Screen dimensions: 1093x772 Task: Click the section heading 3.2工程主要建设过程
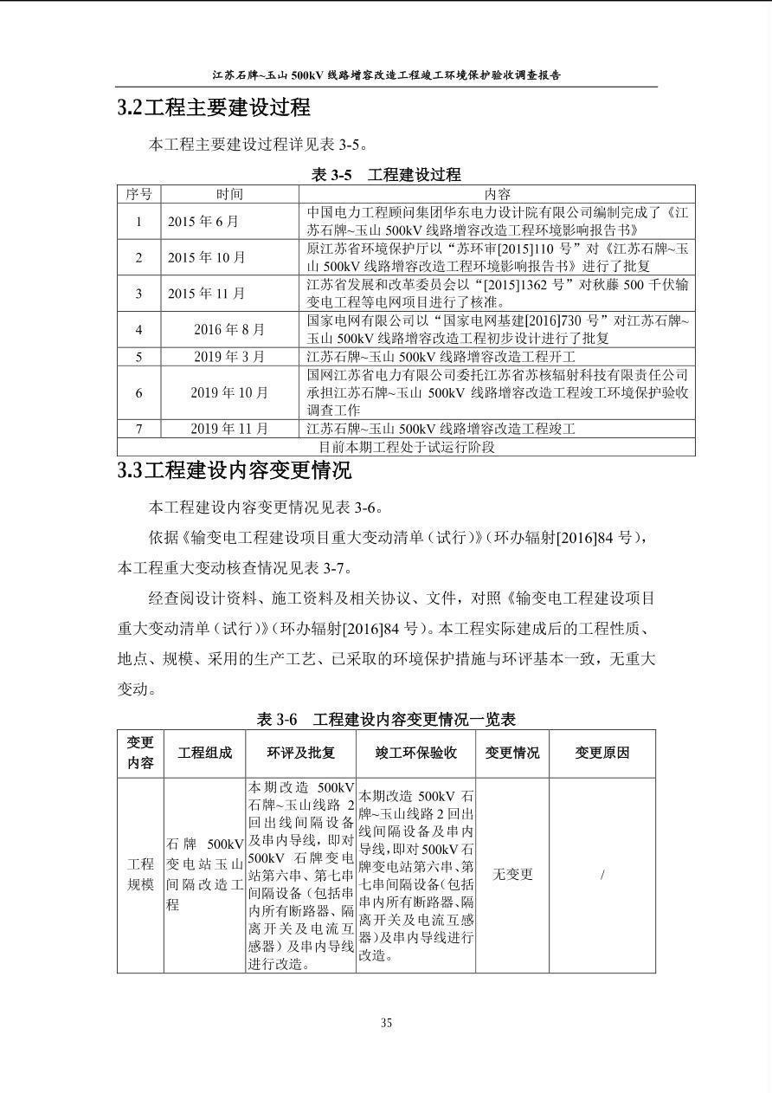[214, 108]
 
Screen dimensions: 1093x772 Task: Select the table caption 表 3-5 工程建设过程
[386, 174]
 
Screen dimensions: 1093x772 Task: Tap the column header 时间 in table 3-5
[229, 194]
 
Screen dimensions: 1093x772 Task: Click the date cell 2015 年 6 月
[203, 221]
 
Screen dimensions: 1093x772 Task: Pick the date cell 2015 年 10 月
[207, 257]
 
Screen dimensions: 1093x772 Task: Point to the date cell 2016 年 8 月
[229, 329]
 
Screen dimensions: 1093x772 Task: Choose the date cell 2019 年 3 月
[229, 356]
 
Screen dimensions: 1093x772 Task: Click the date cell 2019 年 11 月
[229, 429]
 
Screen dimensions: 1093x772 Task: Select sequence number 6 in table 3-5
[138, 392]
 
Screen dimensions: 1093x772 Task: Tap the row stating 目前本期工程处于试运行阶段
[406, 447]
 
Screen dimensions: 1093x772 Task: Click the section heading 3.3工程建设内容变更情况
[235, 471]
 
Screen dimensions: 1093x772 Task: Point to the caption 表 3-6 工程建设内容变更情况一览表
[386, 720]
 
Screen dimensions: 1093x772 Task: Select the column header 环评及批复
[300, 753]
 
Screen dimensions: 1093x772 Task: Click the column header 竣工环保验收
[415, 753]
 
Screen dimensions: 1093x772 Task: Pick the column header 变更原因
[602, 753]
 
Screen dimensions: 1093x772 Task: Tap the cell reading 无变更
[512, 875]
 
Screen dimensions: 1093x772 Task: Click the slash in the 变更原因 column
[602, 875]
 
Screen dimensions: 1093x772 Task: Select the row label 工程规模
[140, 875]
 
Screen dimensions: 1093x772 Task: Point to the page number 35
[386, 1023]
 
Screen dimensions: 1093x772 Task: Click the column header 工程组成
[204, 753]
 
